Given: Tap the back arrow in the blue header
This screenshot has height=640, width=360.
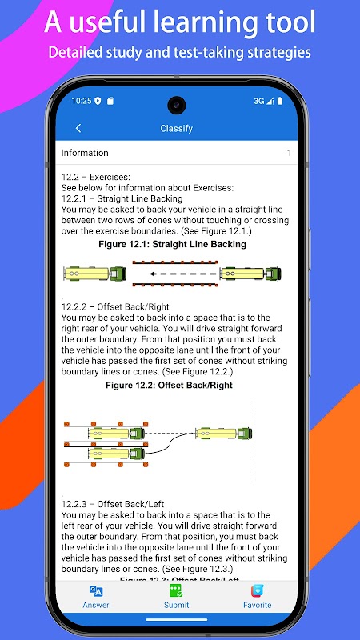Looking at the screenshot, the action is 78,128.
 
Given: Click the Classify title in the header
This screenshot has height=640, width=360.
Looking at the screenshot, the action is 176,129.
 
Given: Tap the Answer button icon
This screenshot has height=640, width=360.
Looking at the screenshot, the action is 96,590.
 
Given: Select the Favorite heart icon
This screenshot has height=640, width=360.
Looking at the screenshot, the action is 258,590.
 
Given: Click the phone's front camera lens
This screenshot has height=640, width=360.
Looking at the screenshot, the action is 177,105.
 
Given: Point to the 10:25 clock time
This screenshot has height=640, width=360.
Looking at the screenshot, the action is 82,101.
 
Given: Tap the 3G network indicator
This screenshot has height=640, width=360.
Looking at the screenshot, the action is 258,102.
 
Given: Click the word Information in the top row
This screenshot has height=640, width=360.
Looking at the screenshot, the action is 85,153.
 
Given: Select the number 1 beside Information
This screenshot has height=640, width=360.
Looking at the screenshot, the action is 290,153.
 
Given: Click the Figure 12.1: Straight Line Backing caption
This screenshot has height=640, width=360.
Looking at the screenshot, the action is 172,245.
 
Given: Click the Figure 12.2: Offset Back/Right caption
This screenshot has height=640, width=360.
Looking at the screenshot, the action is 169,386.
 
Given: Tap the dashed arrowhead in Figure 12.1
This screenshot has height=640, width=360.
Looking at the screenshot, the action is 152,274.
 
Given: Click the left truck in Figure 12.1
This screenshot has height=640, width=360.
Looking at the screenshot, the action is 94,274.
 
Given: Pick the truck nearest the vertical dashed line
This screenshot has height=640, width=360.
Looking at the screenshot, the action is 224,433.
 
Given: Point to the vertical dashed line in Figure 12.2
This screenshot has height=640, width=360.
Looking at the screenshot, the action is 254,444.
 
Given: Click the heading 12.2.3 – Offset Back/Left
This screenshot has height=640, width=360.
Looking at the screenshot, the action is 113,504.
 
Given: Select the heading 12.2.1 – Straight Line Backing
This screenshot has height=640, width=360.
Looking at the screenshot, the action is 122,198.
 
